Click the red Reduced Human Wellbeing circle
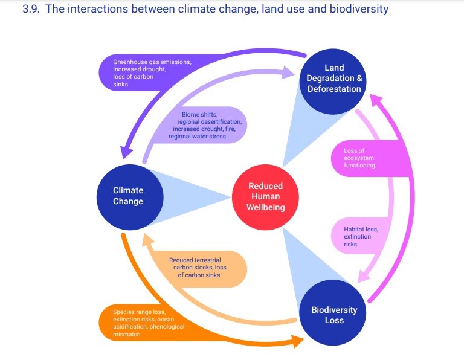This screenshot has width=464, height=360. [265, 197]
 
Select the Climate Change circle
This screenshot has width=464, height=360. [130, 197]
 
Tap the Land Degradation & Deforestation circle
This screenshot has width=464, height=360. [333, 82]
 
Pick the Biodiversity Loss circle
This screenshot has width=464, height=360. [333, 313]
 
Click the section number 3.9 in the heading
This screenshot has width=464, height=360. [31, 9]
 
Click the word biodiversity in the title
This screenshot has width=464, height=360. [359, 9]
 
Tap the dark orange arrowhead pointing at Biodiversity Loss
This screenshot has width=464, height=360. [297, 342]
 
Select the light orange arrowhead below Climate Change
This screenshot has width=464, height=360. [148, 240]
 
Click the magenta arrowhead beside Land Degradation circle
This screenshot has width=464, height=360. [376, 101]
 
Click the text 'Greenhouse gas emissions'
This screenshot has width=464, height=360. [152, 62]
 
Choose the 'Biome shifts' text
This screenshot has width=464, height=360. [199, 115]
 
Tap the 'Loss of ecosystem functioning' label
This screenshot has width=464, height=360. [359, 158]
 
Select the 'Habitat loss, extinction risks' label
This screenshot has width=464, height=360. [361, 237]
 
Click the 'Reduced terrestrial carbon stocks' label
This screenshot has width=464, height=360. [198, 263]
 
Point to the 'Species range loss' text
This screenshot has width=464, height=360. [140, 312]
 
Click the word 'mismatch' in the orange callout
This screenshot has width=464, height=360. [127, 334]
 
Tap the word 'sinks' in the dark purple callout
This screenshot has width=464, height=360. [120, 85]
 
